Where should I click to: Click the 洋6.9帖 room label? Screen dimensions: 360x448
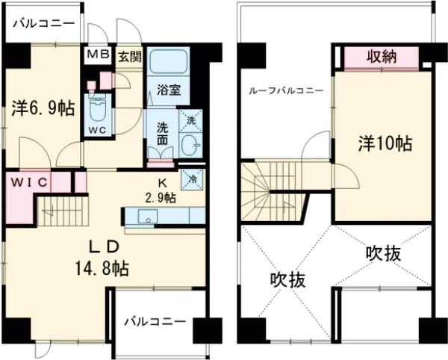(x=43, y=109)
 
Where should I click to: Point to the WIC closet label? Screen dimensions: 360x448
(x=28, y=181)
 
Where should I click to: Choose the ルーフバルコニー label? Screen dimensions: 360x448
(x=287, y=91)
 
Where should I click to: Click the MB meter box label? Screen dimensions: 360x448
(x=99, y=55)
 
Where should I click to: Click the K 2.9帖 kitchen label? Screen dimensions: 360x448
(x=160, y=191)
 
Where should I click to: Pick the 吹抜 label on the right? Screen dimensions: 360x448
(x=383, y=253)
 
